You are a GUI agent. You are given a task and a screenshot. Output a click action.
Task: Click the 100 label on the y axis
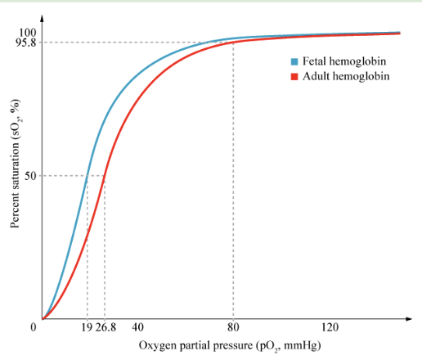(28, 33)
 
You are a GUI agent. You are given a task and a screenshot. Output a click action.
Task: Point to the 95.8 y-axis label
(25, 42)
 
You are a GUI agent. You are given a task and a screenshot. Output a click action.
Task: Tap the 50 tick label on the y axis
(30, 176)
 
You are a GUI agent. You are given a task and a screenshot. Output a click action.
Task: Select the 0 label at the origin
(34, 327)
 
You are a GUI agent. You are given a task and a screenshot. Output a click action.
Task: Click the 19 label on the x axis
(87, 327)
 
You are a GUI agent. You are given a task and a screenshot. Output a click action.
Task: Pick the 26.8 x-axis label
(105, 327)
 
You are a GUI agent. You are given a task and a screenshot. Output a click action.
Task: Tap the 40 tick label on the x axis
(137, 327)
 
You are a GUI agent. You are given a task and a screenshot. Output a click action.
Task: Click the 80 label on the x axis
(233, 327)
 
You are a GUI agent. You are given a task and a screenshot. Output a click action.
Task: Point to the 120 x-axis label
(330, 327)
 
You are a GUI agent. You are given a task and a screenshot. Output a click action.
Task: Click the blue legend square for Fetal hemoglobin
(294, 61)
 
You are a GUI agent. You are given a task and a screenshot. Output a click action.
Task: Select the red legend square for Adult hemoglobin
(294, 77)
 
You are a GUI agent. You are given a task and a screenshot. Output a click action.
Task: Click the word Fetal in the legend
(314, 61)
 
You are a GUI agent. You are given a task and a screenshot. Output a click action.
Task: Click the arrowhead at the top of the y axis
(42, 18)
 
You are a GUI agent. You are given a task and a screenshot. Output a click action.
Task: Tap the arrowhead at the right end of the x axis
(409, 318)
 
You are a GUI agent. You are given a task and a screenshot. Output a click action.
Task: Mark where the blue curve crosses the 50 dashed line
(88, 176)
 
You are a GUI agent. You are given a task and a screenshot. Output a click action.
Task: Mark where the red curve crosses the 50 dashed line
(105, 176)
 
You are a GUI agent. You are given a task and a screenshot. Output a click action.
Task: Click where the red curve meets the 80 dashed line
(233, 42)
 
